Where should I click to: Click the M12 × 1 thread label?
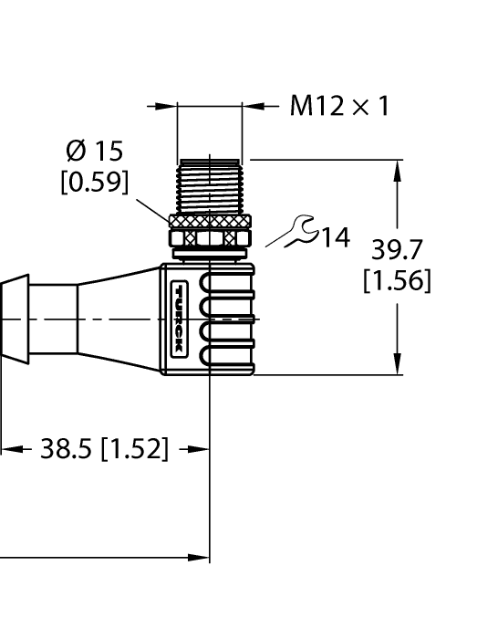click(x=339, y=107)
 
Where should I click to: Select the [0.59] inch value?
click(x=95, y=183)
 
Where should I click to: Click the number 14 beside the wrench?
click(x=334, y=238)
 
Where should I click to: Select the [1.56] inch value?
click(x=397, y=280)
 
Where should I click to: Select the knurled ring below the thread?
click(x=210, y=220)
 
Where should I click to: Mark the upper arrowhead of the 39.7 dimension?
click(x=398, y=167)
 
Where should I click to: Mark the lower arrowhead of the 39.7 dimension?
click(x=398, y=366)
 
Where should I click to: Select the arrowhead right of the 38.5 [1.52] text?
click(x=201, y=449)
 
